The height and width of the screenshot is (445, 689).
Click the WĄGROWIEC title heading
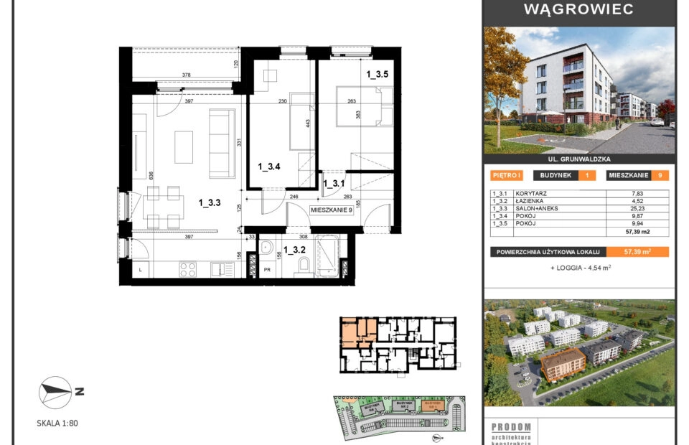[x=578, y=9]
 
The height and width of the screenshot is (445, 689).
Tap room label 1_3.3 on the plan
[x=210, y=203]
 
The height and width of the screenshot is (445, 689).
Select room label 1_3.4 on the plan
[x=268, y=167]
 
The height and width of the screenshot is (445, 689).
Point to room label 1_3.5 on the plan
[x=378, y=74]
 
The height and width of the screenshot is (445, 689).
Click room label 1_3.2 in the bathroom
[x=294, y=250]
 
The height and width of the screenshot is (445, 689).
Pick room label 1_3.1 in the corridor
[x=334, y=184]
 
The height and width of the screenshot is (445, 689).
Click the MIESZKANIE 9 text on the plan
[x=332, y=210]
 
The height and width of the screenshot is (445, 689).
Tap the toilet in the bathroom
[x=303, y=268]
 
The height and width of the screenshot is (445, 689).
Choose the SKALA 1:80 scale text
[x=57, y=423]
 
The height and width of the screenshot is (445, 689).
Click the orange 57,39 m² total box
[x=637, y=252]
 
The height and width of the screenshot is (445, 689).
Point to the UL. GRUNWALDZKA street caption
[x=578, y=160]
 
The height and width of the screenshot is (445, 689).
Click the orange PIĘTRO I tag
[x=507, y=175]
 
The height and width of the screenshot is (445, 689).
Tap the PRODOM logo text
[x=511, y=426]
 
